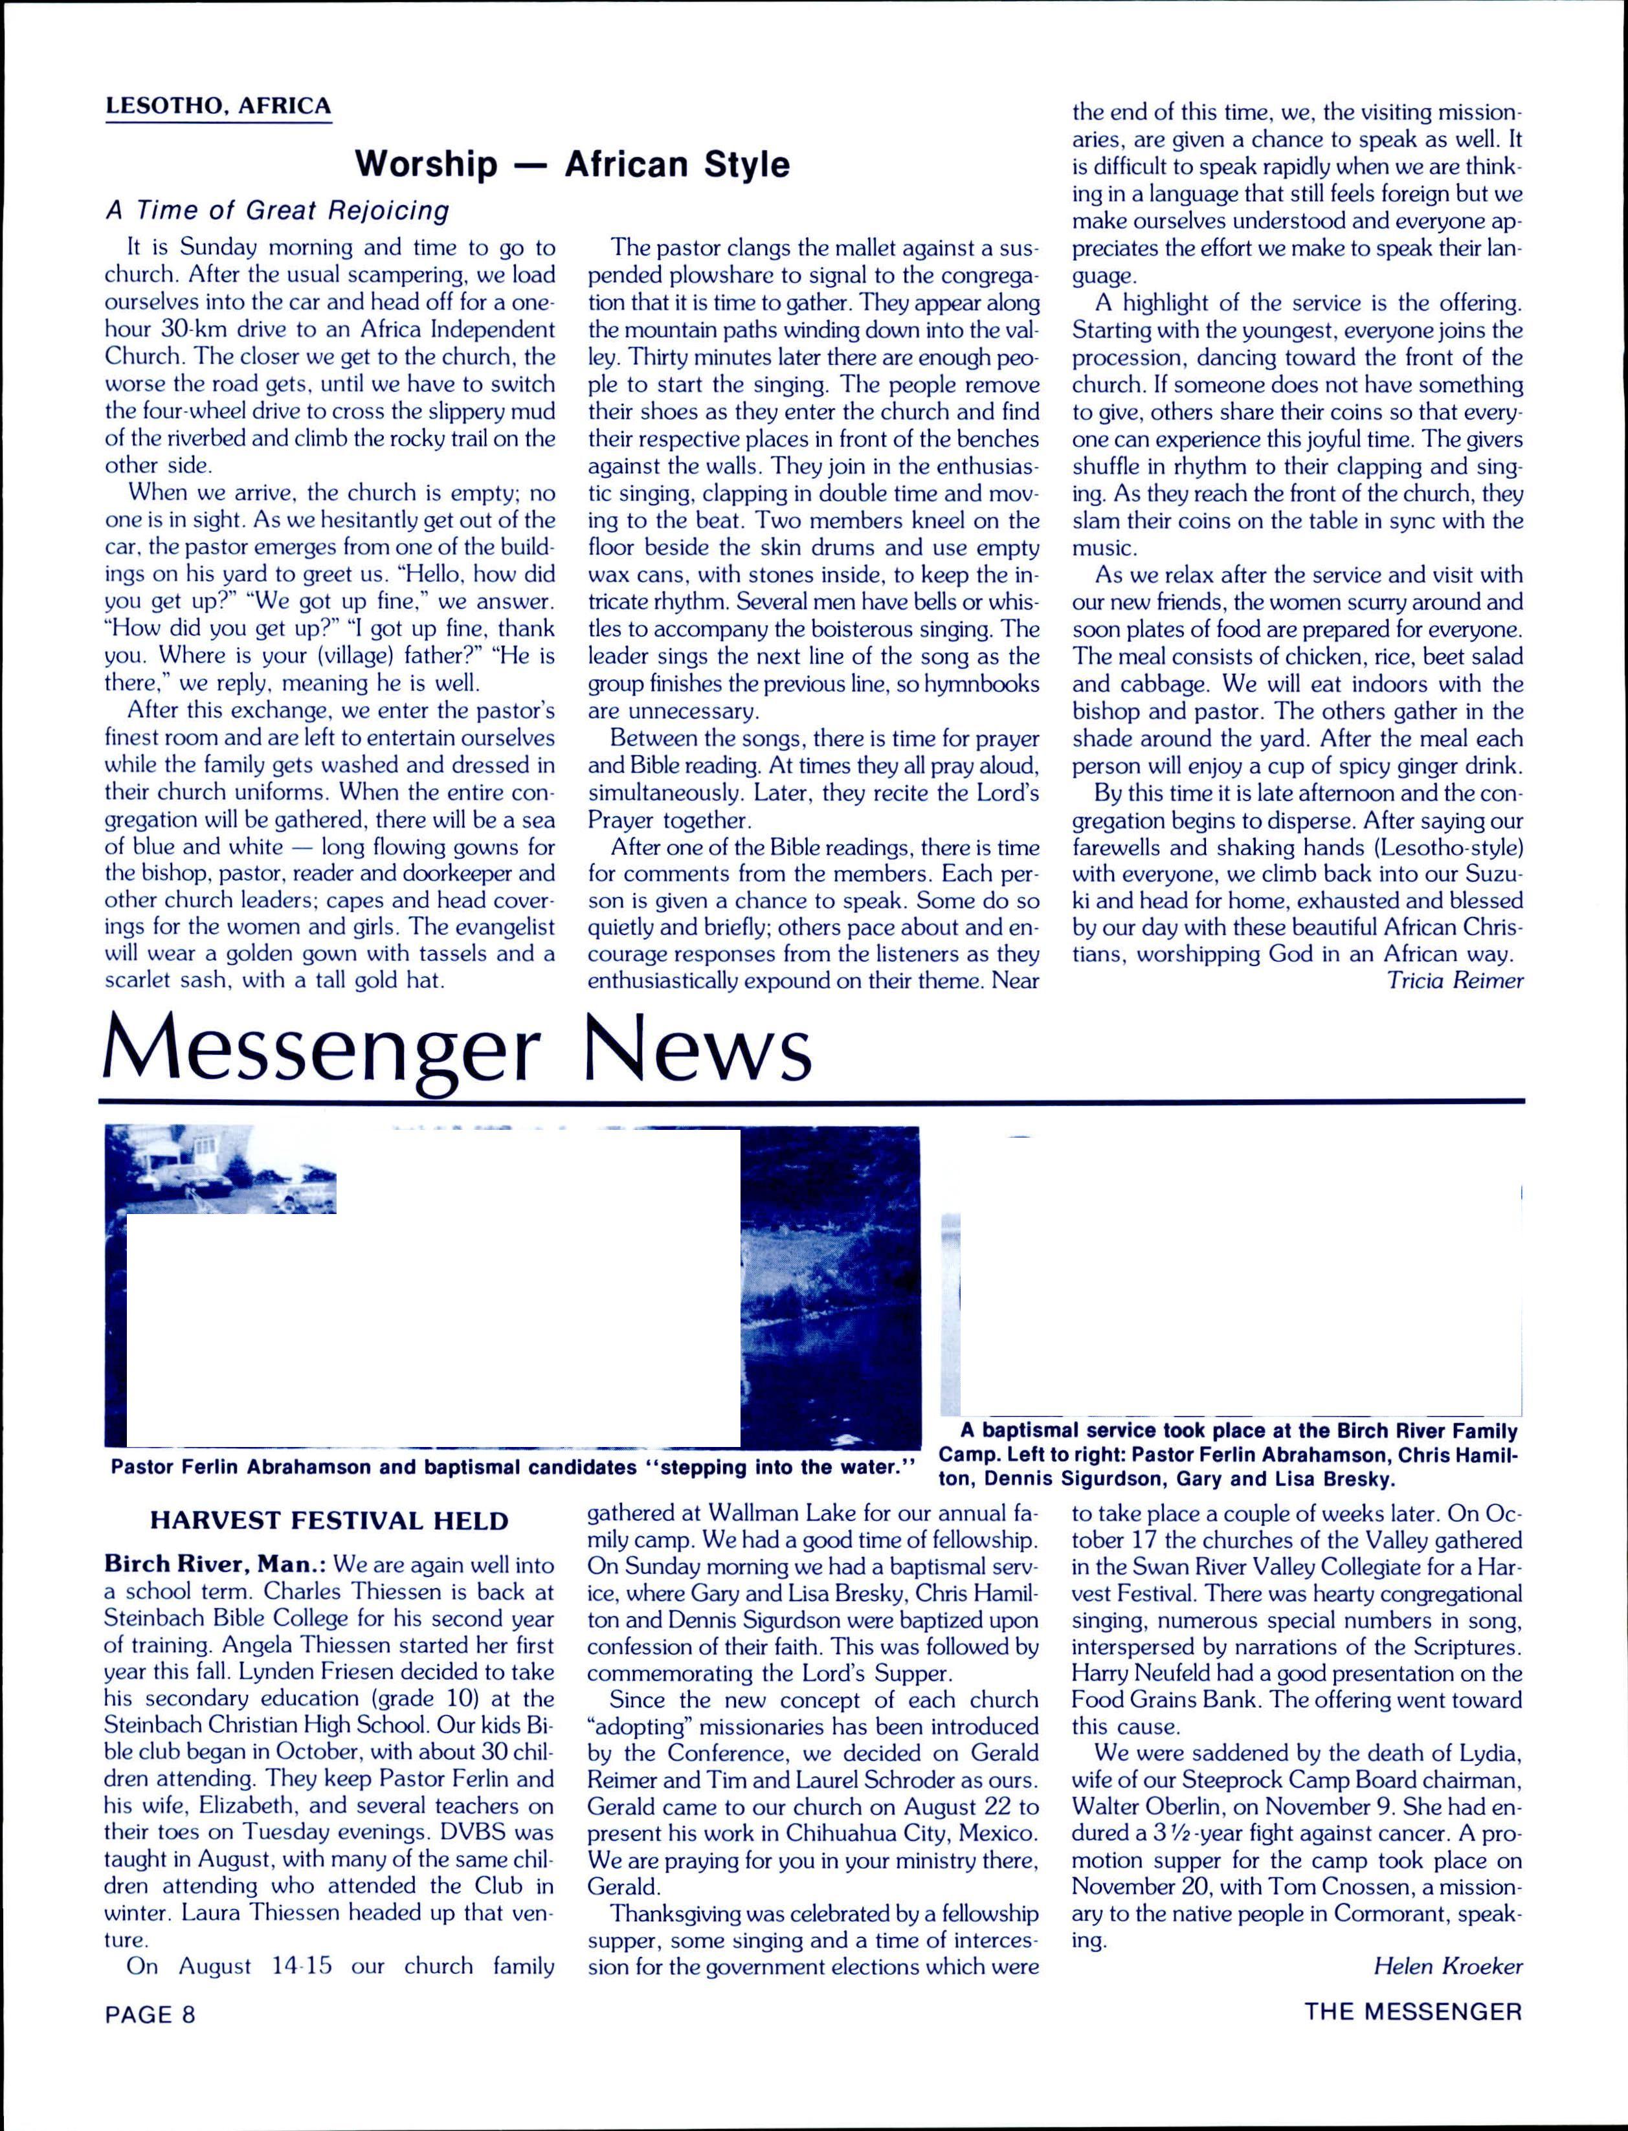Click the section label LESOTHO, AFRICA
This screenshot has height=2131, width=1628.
218,105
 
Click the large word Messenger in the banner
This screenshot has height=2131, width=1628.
320,1050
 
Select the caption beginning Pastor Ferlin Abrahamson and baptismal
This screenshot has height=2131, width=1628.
513,1466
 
